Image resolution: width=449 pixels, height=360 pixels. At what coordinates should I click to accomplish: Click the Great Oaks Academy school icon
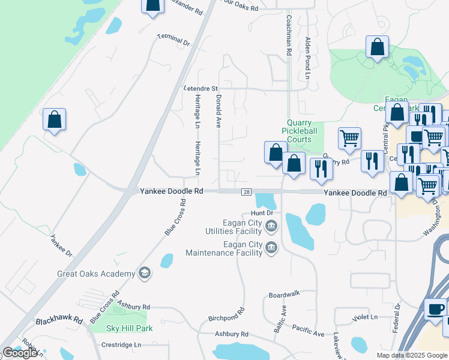pos(143,274)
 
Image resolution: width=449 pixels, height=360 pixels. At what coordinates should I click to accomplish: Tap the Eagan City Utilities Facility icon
pos(271,226)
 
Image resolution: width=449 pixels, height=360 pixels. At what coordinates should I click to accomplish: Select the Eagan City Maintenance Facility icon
pos(271,247)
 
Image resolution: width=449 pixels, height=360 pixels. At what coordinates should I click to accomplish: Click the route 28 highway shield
pos(247,192)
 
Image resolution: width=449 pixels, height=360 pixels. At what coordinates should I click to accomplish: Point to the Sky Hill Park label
pos(129,328)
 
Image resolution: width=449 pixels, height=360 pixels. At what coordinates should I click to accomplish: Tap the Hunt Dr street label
pos(262,213)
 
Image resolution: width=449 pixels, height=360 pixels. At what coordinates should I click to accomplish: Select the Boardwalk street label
pos(284,295)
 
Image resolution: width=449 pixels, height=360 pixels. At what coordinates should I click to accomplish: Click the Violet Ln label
pos(366,317)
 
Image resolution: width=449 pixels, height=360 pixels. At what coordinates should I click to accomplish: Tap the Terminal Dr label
pos(173,40)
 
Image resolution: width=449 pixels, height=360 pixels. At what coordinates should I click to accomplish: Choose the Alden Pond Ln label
pos(307,58)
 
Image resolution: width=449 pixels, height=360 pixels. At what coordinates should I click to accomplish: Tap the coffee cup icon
pos(435,308)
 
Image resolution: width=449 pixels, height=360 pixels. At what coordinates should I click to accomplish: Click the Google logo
pos(20,353)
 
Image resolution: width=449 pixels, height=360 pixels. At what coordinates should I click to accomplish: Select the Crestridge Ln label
pos(121,345)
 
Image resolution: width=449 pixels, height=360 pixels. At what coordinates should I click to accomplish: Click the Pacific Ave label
pos(308,329)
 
